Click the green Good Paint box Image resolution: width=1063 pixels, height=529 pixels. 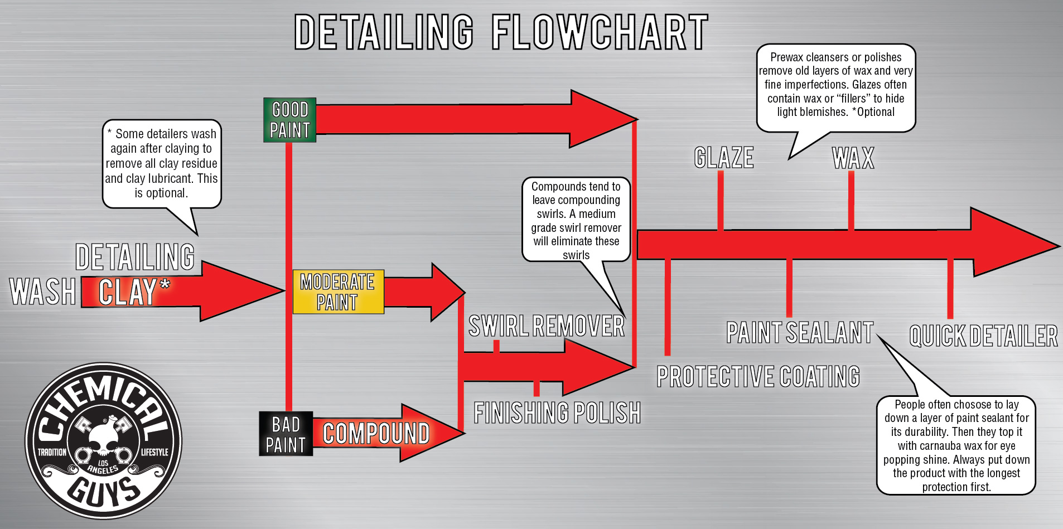(289, 120)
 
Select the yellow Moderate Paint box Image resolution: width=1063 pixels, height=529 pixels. (338, 292)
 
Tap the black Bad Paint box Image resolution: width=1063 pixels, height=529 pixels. (286, 434)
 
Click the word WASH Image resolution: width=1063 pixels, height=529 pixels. (43, 292)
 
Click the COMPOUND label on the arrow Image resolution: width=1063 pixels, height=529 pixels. (376, 434)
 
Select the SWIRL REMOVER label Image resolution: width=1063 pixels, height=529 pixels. (546, 326)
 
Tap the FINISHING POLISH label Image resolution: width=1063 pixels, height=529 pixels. (557, 413)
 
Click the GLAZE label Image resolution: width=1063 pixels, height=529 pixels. (724, 158)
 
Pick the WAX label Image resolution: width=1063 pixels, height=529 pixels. (853, 158)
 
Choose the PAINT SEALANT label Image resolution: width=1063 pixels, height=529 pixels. (800, 333)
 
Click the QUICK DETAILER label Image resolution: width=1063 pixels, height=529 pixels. (983, 336)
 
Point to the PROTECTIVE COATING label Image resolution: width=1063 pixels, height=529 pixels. (758, 376)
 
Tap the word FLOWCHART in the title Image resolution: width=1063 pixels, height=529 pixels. (600, 32)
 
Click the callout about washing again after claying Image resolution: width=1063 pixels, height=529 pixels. (161, 163)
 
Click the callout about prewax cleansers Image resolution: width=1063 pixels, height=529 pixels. (835, 85)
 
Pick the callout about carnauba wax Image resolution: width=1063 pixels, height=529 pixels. (956, 445)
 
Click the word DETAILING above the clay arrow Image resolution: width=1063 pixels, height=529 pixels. (135, 257)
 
